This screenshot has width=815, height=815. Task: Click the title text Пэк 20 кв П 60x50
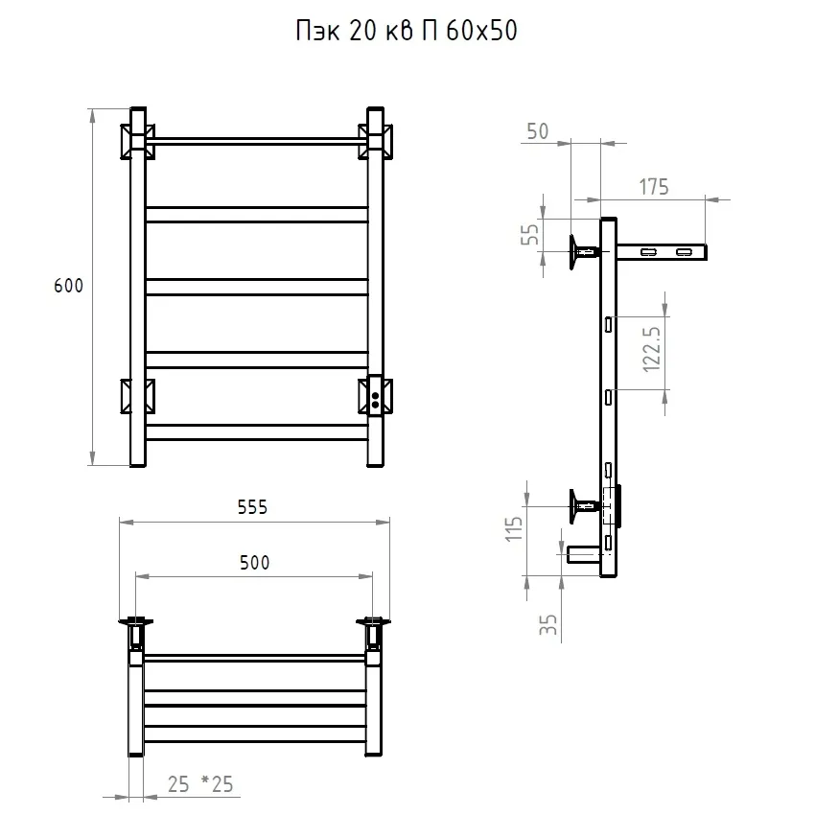click(x=407, y=33)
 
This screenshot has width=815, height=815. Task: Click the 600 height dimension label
click(x=69, y=287)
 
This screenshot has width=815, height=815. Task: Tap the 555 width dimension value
click(x=252, y=508)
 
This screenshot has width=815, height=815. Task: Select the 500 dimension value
click(x=254, y=563)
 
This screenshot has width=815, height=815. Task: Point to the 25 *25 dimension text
click(x=200, y=785)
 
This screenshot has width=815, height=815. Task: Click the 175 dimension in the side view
click(x=653, y=187)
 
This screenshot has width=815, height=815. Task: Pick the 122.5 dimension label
click(x=652, y=353)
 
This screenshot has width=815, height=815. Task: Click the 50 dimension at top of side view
click(x=537, y=131)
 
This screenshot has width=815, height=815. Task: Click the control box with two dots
click(x=376, y=395)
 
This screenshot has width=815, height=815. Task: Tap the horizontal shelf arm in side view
click(x=661, y=251)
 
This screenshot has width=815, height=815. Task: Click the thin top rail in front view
click(x=256, y=141)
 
